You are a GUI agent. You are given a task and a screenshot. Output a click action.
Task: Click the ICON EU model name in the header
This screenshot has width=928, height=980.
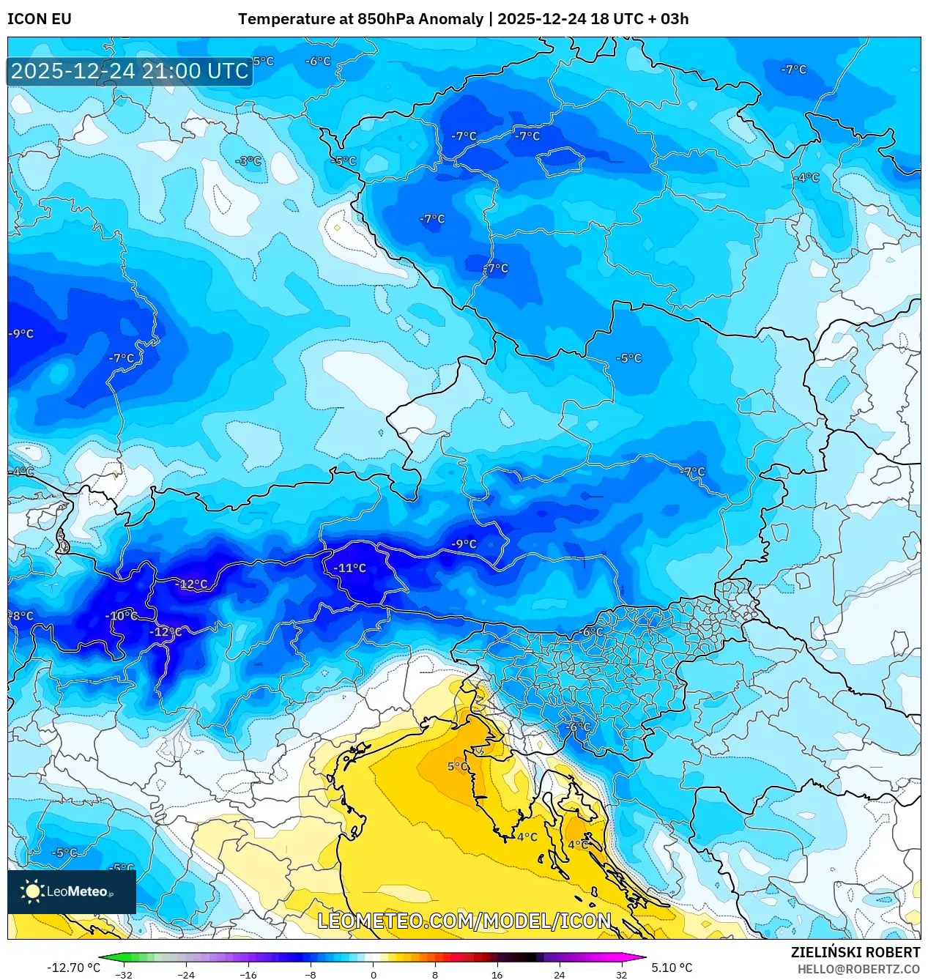40,19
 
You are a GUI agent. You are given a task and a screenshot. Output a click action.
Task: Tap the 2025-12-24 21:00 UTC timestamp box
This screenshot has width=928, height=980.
130,71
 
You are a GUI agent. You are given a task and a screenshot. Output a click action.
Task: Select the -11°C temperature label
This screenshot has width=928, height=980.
349,568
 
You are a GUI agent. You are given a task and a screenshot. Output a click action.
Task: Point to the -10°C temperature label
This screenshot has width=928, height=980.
121,615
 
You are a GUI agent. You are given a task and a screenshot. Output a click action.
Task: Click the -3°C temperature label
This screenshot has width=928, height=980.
248,161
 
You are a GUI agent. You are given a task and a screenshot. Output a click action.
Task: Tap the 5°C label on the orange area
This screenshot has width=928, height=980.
458,766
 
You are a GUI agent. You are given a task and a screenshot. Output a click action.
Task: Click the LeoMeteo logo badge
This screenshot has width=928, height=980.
72,891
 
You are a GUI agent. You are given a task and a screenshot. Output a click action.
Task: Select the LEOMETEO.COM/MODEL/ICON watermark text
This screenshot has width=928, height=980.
464,921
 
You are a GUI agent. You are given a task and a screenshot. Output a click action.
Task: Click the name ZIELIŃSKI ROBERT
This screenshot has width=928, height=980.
855,952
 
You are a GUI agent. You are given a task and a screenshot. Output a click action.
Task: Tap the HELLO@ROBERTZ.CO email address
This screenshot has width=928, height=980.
858,969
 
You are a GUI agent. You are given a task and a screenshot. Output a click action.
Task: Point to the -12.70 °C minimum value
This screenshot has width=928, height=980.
73,968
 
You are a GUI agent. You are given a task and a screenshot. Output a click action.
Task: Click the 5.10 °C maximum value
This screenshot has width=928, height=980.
672,968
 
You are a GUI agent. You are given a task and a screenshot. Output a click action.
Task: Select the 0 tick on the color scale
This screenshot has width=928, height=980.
373,975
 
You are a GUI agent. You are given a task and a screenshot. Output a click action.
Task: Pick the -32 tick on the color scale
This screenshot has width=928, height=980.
124,975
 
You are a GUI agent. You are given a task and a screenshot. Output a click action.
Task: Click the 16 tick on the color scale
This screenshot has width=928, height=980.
497,975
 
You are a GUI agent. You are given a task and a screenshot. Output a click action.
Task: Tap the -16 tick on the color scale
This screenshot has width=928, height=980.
248,975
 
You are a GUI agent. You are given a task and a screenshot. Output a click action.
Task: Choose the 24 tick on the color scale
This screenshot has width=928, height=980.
559,975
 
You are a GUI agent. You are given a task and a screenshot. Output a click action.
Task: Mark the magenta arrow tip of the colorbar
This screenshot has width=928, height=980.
642,957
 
